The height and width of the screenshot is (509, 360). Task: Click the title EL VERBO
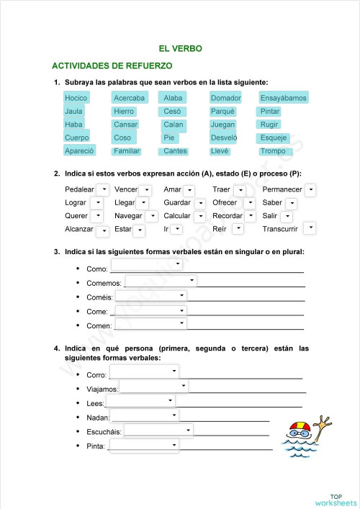[180, 49]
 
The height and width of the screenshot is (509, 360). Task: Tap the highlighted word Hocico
[76, 98]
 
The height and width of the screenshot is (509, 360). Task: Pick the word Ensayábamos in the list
[283, 98]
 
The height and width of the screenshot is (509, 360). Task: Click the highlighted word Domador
[225, 98]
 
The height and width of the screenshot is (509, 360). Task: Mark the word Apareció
[79, 151]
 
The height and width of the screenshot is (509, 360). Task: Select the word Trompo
[273, 151]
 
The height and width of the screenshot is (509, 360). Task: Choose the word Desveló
[223, 138]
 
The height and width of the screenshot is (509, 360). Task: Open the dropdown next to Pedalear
[102, 189]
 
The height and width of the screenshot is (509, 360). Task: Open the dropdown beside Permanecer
[310, 189]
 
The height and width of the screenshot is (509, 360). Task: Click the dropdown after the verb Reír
[238, 229]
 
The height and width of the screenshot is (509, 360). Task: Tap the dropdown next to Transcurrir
[310, 228]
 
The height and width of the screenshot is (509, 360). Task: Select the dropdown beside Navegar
[151, 216]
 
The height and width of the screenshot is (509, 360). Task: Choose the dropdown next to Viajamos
[154, 387]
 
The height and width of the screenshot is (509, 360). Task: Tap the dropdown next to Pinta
[143, 446]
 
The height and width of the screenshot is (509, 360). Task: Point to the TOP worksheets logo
[335, 499]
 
